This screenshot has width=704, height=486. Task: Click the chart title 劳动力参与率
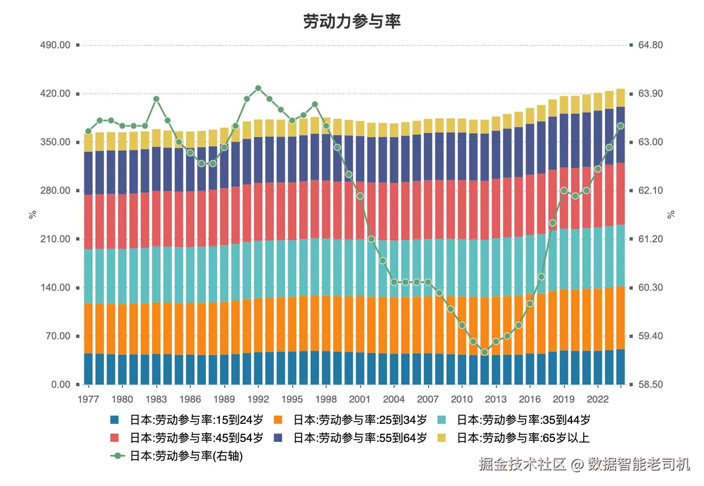click(x=351, y=22)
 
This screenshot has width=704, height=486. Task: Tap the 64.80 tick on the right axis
click(x=650, y=45)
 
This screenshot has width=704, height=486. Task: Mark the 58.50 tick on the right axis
click(x=650, y=385)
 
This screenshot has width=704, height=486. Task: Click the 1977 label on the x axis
click(x=89, y=399)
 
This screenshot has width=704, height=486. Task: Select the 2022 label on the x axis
click(x=597, y=399)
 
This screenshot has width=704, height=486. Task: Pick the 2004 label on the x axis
click(x=394, y=399)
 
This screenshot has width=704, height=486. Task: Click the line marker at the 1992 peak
click(x=258, y=88)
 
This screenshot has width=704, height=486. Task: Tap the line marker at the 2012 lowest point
click(x=485, y=352)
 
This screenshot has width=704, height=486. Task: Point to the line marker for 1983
click(x=157, y=99)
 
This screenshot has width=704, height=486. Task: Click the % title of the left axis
click(x=33, y=215)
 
